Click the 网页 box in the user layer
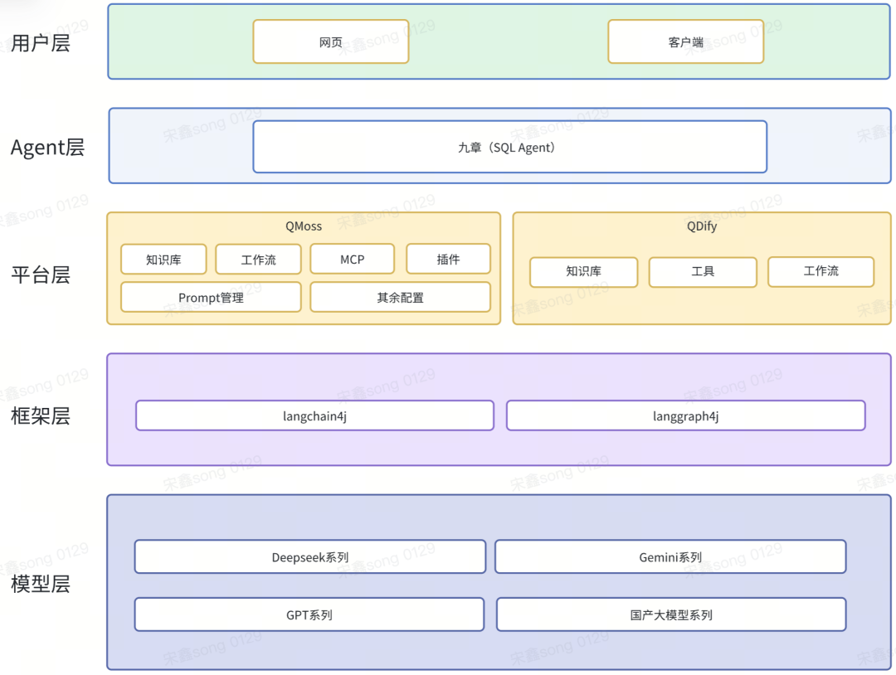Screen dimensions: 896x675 [331, 41]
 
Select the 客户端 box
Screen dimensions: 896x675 [686, 41]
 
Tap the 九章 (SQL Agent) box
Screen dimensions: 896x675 [509, 147]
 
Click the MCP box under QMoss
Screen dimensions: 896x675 [352, 260]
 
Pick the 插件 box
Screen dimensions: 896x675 [448, 260]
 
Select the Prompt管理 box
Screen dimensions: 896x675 [211, 298]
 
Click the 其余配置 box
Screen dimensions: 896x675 [400, 298]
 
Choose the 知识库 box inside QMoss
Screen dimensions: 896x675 [163, 260]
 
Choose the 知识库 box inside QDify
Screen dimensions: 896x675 [583, 272]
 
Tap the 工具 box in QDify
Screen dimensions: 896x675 [703, 272]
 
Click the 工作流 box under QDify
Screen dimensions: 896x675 [821, 272]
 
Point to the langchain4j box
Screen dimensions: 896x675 [315, 415]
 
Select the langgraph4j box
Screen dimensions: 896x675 [686, 415]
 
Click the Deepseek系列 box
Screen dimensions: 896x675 [310, 556]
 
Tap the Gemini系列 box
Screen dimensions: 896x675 [670, 556]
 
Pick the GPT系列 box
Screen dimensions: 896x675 [309, 614]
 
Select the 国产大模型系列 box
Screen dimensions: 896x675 [671, 614]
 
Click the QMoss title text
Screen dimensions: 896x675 [304, 226]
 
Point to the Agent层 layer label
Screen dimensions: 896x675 [47, 148]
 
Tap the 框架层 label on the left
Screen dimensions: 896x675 [41, 415]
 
